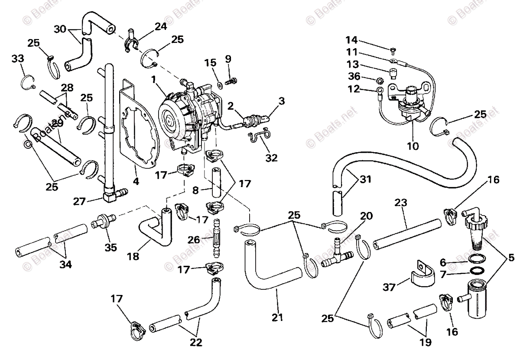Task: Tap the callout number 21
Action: (x=277, y=317)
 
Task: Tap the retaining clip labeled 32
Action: (x=260, y=137)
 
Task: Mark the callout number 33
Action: (x=17, y=58)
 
